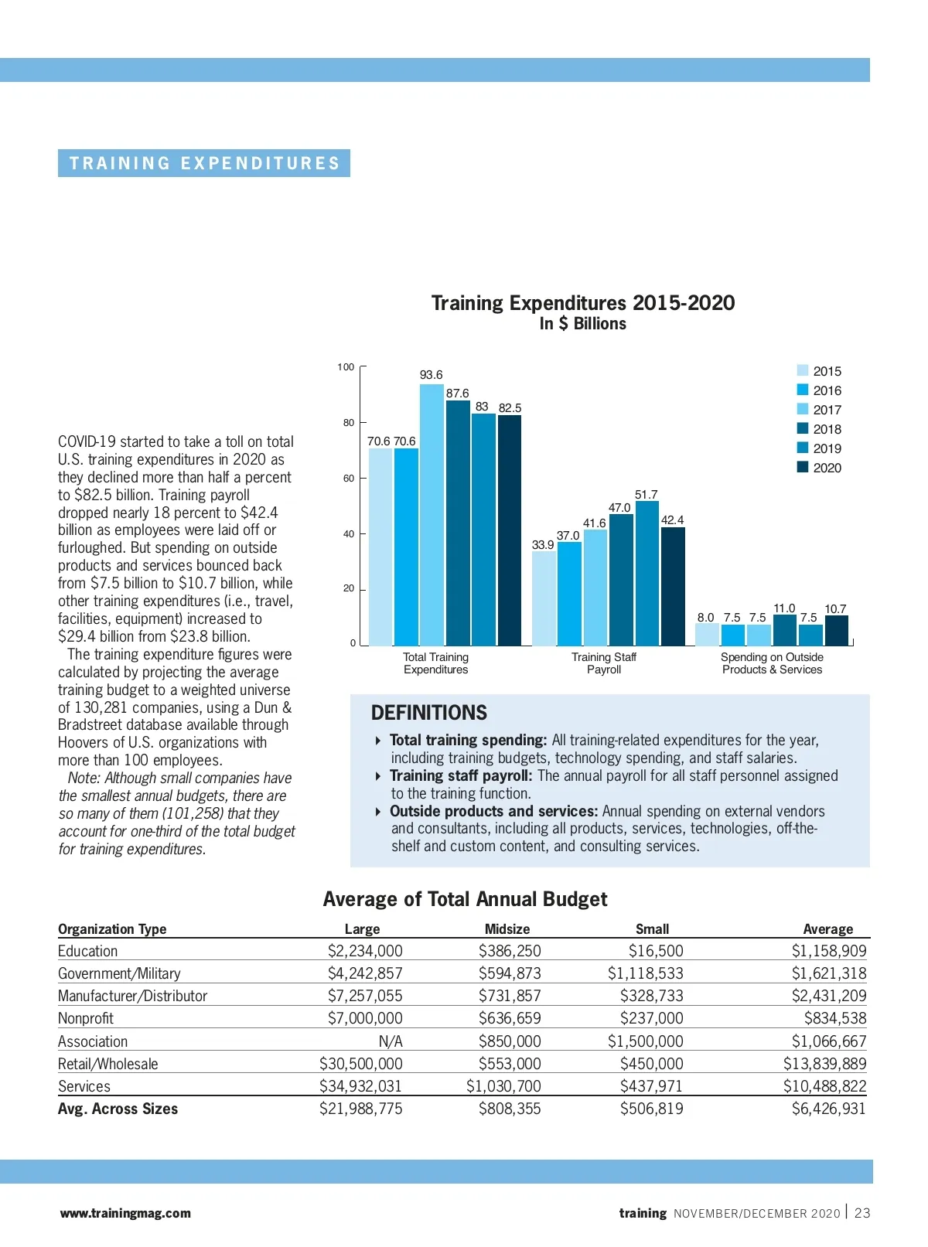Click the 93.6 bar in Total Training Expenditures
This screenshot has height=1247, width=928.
click(x=432, y=514)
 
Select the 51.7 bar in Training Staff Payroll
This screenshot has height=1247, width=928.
click(x=647, y=573)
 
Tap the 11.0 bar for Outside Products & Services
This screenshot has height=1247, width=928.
click(x=785, y=630)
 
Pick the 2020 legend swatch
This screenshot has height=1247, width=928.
click(x=803, y=467)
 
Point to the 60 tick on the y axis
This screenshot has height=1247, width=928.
click(x=349, y=479)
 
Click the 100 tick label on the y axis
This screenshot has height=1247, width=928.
click(x=346, y=367)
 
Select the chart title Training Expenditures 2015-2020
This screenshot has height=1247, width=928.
click(x=583, y=303)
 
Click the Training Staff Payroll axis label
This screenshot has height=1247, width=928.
click(x=604, y=663)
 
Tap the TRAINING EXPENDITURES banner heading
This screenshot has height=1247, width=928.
click(x=204, y=163)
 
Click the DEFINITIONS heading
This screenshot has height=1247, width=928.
click(x=429, y=713)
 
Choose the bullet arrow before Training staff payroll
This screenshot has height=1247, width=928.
click(x=377, y=776)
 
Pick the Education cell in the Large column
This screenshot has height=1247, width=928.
click(x=365, y=951)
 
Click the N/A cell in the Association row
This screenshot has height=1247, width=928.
click(x=391, y=1041)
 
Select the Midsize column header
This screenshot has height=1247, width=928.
click(x=507, y=928)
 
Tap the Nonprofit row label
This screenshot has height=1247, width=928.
click(x=86, y=1018)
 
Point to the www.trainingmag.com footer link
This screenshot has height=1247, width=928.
click(x=125, y=1213)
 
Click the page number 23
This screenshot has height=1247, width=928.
click(x=862, y=1213)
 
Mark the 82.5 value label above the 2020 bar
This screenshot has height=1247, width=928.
click(x=510, y=407)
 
